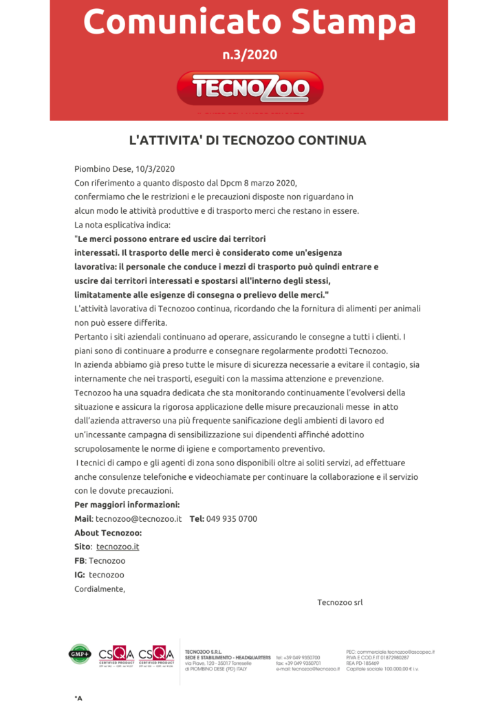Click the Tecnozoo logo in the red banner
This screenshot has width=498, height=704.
pyautogui.click(x=250, y=88)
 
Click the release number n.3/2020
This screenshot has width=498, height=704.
pyautogui.click(x=249, y=54)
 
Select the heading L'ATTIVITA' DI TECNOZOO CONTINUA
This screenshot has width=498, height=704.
pyautogui.click(x=248, y=140)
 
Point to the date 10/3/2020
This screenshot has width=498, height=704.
pyautogui.click(x=155, y=168)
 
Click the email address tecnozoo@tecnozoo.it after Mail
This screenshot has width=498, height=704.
pyautogui.click(x=138, y=518)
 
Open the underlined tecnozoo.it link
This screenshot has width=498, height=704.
pyautogui.click(x=118, y=547)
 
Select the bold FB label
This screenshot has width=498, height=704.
pyautogui.click(x=80, y=561)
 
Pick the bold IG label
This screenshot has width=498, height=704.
pyautogui.click(x=80, y=575)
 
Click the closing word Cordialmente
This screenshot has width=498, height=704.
pyautogui.click(x=100, y=588)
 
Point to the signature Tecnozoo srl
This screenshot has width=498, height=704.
pyautogui.click(x=340, y=602)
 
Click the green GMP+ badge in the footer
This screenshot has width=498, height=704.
pyautogui.click(x=80, y=654)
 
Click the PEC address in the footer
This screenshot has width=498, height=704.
pyautogui.click(x=390, y=652)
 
